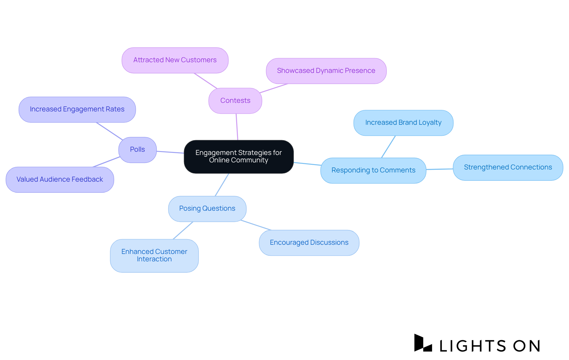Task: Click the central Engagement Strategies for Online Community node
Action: tap(239, 156)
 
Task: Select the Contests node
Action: tap(235, 101)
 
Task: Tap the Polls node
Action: tap(138, 150)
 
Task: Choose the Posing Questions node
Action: tap(207, 209)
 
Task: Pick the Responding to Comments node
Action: tap(373, 170)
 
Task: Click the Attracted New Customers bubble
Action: tap(175, 60)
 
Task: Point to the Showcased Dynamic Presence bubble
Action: tap(326, 71)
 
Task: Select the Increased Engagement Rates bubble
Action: tap(77, 109)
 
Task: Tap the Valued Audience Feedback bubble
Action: tap(60, 180)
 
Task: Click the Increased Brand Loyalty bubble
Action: tap(403, 123)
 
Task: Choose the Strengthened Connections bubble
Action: tap(508, 167)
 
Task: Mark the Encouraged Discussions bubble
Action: tap(309, 243)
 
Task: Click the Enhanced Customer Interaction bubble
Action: tap(154, 255)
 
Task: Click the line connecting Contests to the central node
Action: tap(237, 127)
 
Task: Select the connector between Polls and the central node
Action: tap(170, 152)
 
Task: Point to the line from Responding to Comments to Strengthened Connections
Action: tap(439, 169)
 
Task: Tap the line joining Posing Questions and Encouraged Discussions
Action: tap(256, 225)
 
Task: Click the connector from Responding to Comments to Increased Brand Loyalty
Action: tap(388, 147)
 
